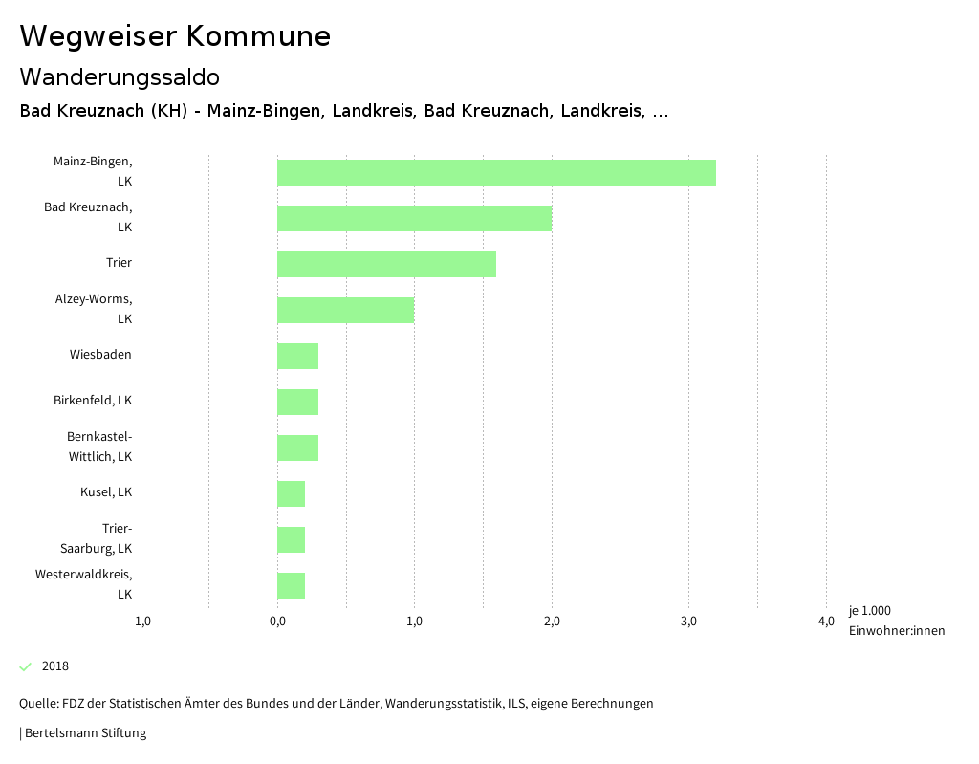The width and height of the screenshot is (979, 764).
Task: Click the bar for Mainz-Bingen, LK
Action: (x=496, y=172)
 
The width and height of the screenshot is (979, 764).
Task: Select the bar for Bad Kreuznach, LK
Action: (x=414, y=218)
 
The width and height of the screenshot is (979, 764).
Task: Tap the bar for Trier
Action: (x=386, y=264)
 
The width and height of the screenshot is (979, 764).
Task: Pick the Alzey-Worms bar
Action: (x=345, y=310)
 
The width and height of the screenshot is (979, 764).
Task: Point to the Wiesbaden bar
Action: (x=297, y=356)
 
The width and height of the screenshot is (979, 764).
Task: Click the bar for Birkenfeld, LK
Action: (x=297, y=402)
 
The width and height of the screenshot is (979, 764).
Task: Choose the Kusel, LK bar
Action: (x=291, y=493)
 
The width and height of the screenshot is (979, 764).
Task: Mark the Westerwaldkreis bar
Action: (x=291, y=585)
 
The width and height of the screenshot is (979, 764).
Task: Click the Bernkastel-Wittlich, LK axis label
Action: (x=99, y=447)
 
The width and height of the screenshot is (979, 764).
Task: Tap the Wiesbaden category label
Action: (x=100, y=355)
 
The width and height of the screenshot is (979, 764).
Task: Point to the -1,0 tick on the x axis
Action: (x=141, y=622)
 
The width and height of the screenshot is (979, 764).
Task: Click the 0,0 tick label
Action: (x=277, y=622)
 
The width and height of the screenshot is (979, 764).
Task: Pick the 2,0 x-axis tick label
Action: (x=552, y=622)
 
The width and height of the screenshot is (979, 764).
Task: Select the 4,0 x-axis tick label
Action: (x=826, y=622)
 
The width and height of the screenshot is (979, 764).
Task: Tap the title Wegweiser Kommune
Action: (x=175, y=36)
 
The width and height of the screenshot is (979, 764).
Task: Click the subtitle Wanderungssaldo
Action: (x=120, y=76)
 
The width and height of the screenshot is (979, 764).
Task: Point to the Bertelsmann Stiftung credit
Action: (x=84, y=733)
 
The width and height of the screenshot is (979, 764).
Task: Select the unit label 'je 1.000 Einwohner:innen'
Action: (x=896, y=621)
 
